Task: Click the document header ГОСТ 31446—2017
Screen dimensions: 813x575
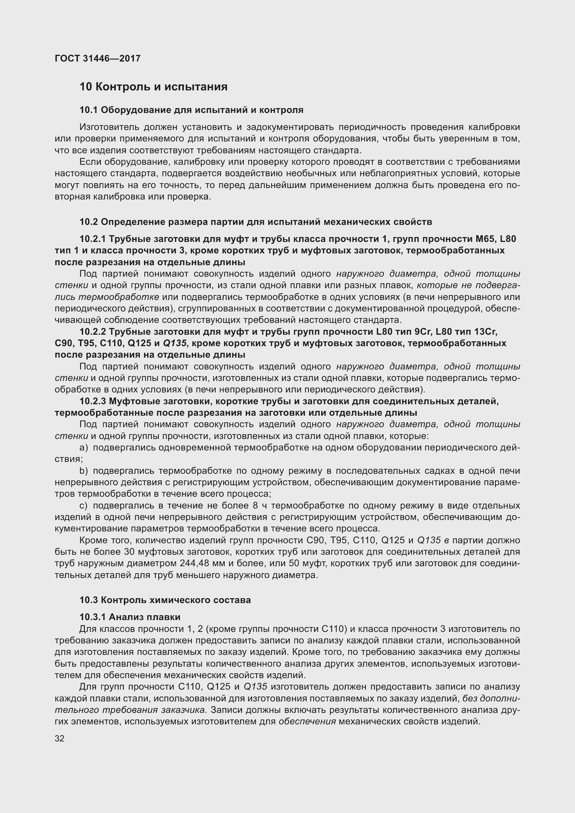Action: (x=97, y=58)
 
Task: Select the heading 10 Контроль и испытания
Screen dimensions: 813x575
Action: (x=153, y=87)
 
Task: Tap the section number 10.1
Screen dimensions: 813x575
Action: (x=88, y=110)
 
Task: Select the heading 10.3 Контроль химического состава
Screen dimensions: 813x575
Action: (x=165, y=600)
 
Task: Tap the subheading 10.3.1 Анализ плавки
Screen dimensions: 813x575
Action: (x=130, y=617)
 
